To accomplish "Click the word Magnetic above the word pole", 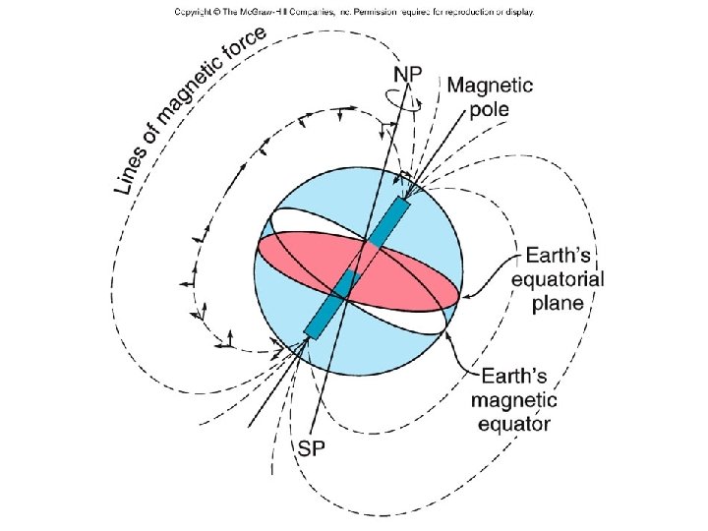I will (491, 86).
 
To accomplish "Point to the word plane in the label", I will (558, 304).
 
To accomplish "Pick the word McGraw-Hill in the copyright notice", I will (276, 13).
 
